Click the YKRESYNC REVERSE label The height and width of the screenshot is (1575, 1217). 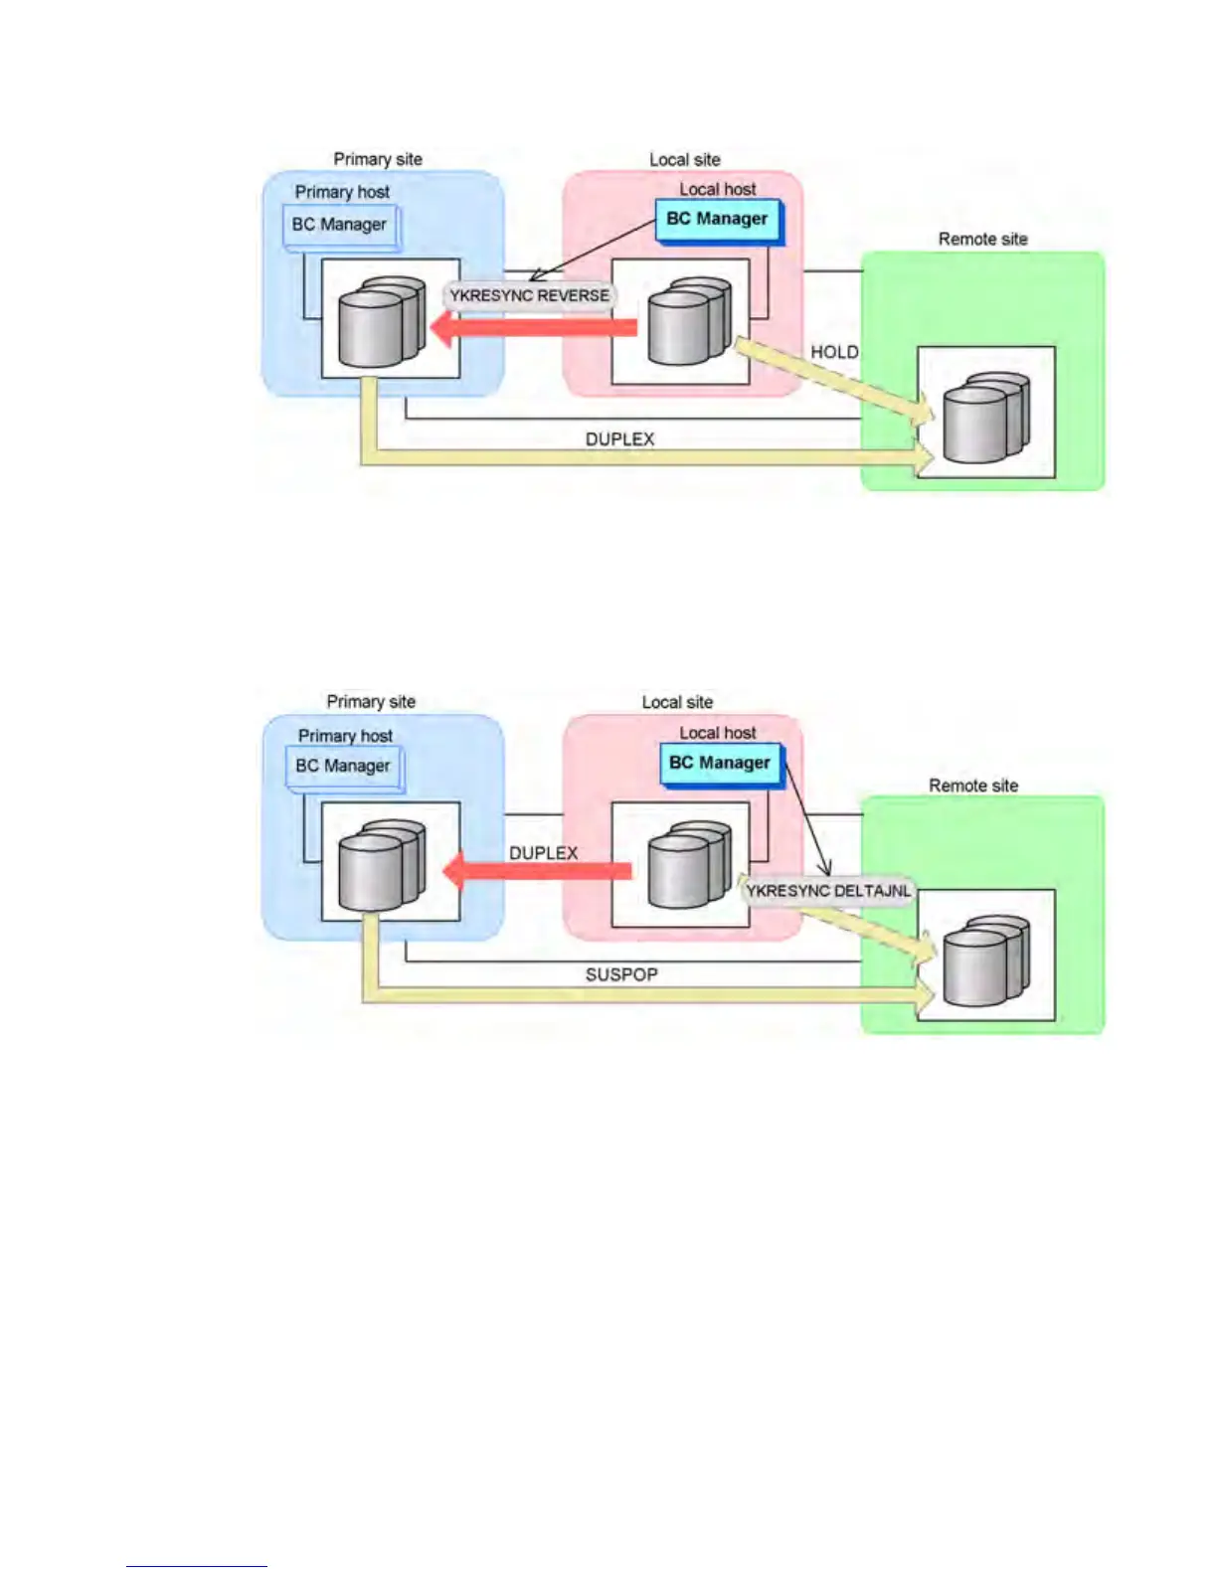tap(529, 295)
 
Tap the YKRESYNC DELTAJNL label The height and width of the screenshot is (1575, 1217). tap(828, 891)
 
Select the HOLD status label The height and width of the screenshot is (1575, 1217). tap(834, 352)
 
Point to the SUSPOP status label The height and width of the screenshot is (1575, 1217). tap(621, 974)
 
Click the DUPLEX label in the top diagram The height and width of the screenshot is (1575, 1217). tap(619, 438)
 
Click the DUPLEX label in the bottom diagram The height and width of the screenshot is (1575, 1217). tap(543, 853)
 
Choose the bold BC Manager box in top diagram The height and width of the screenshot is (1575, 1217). tap(718, 220)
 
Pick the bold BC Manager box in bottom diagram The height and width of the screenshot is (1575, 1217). tap(720, 764)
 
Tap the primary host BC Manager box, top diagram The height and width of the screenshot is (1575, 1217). tap(340, 226)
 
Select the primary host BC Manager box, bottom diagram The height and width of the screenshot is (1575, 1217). tap(343, 767)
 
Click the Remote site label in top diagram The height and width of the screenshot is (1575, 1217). tap(982, 239)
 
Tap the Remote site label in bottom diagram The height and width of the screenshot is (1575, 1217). tap(973, 786)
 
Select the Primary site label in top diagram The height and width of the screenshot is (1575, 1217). tap(378, 159)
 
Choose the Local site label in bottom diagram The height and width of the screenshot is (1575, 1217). tap(677, 702)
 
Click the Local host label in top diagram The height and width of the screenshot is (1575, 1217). tap(718, 189)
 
